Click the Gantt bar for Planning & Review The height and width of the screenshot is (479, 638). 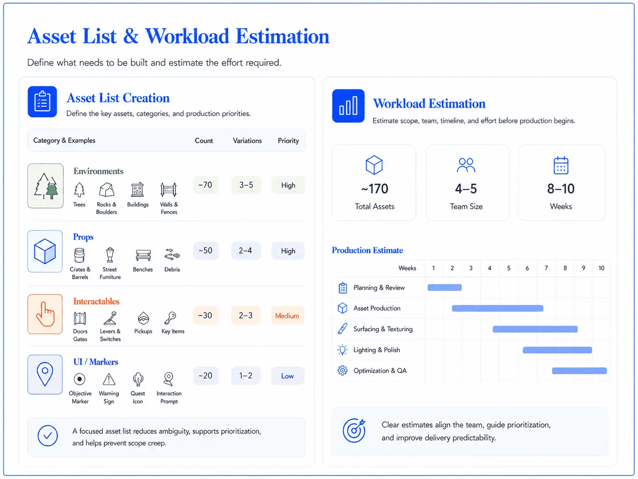coord(445,288)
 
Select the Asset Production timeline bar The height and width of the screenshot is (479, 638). coord(497,308)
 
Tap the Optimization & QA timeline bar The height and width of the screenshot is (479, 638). coord(579,371)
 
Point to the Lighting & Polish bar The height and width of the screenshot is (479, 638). coord(557,350)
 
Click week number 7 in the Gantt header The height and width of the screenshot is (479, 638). coord(546,268)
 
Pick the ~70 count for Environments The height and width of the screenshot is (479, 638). coord(205,185)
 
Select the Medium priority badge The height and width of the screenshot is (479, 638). coord(287,316)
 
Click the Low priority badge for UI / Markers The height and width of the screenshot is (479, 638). coord(287,376)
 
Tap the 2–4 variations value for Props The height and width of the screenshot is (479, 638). coord(245,251)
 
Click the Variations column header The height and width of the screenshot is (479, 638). coord(247,141)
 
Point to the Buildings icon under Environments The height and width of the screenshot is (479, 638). coord(137,190)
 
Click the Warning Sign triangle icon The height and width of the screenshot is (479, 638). coord(109,379)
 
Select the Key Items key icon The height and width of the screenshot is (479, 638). coord(170,318)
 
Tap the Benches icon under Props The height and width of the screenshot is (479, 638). coord(143,255)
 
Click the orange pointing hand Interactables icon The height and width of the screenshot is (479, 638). coord(45,314)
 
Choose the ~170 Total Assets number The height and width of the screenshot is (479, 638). coord(375,189)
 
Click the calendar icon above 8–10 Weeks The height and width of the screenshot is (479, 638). coord(561,165)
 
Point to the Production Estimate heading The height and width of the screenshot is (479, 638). coord(367,251)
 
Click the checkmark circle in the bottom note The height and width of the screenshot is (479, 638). coord(48,436)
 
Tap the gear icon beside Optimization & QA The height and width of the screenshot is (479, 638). coord(342,370)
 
